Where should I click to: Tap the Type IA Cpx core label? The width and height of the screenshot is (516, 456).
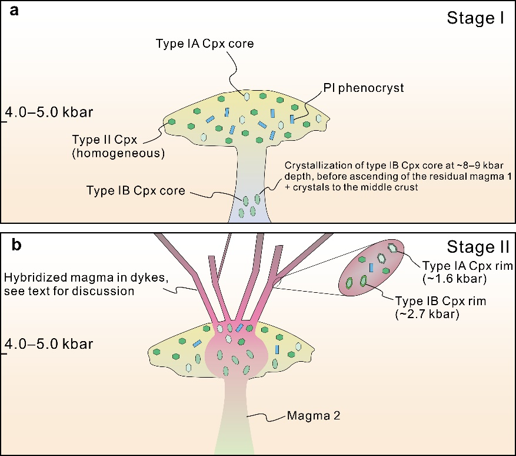(204, 44)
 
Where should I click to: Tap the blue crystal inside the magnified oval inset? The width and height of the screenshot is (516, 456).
(372, 267)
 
